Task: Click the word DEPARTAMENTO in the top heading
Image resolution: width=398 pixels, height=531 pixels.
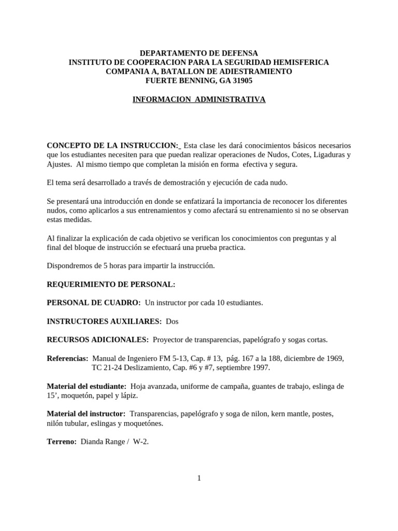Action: coord(167,53)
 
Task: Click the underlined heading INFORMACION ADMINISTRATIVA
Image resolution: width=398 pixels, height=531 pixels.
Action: coord(199,99)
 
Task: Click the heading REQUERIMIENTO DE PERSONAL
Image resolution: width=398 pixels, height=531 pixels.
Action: coord(111,285)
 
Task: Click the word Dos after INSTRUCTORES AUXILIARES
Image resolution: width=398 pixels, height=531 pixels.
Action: coord(172,322)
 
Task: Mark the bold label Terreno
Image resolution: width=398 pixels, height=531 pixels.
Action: coord(62,441)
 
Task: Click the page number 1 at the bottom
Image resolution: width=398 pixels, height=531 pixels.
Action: coord(199,478)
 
